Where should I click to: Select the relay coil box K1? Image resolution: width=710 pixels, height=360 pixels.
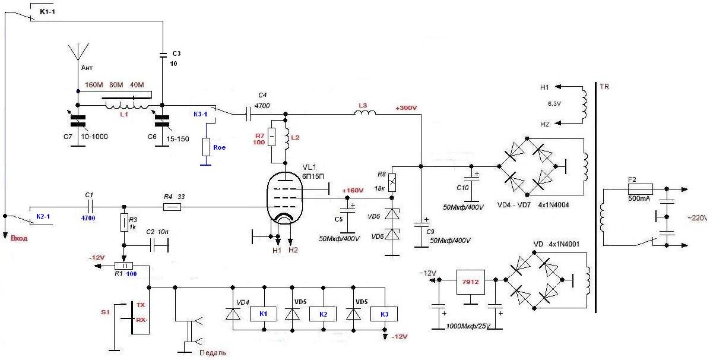pyautogui.click(x=264, y=314)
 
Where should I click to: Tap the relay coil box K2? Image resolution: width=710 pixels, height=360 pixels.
pyautogui.click(x=324, y=314)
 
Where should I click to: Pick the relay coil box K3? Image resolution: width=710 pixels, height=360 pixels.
pyautogui.click(x=384, y=314)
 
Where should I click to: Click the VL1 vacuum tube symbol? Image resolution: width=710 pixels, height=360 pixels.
pyautogui.click(x=285, y=200)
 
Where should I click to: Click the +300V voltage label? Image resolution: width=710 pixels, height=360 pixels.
pyautogui.click(x=405, y=108)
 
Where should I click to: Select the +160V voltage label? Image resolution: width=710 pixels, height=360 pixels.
pyautogui.click(x=353, y=191)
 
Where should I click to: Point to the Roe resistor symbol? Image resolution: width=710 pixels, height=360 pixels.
pyautogui.click(x=206, y=147)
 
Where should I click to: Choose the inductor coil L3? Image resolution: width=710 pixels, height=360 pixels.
pyautogui.click(x=365, y=112)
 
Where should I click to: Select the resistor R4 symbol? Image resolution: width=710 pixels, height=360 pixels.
pyautogui.click(x=172, y=207)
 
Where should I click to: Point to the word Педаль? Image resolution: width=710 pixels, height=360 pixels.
pyautogui.click(x=212, y=352)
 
